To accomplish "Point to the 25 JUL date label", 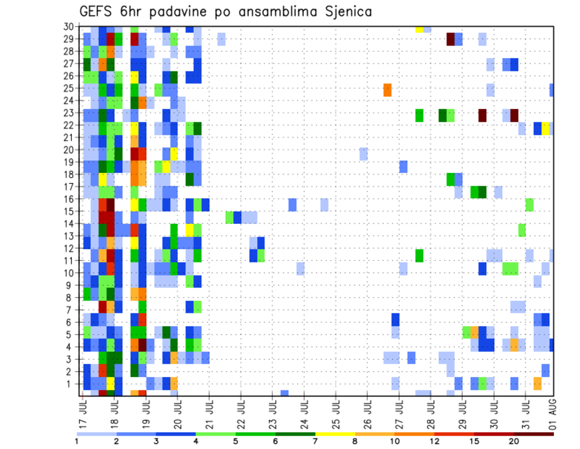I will coord(335,411).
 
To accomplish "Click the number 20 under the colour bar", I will coord(514,441).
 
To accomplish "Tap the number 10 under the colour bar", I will coord(395,441).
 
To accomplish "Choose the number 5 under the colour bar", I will coord(236,441).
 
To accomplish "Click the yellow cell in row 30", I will coord(419,28).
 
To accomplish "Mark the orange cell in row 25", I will coord(387,90).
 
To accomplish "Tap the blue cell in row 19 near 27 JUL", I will coord(403,166).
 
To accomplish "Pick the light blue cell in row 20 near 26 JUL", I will coord(363,154).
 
